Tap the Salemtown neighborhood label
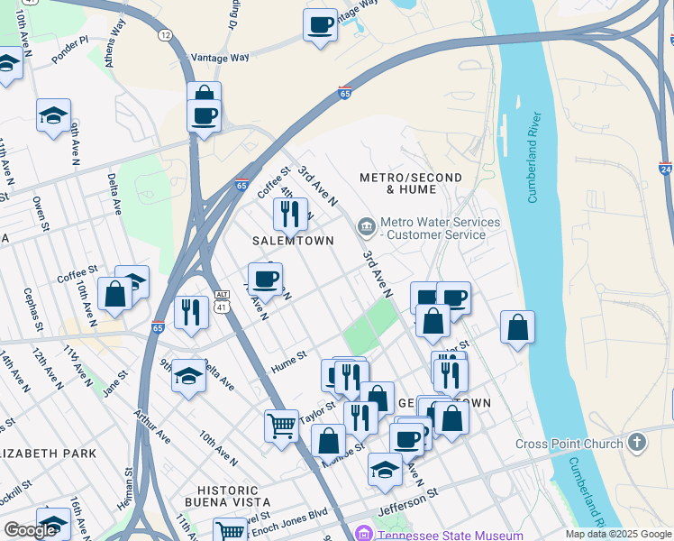(x=293, y=241)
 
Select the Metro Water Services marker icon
(x=366, y=225)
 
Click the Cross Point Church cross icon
(x=637, y=443)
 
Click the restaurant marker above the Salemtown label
(x=290, y=213)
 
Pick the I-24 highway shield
(x=665, y=169)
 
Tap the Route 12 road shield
(x=165, y=34)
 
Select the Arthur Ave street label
(x=152, y=426)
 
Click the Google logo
(x=31, y=530)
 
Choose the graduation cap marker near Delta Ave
(x=189, y=374)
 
